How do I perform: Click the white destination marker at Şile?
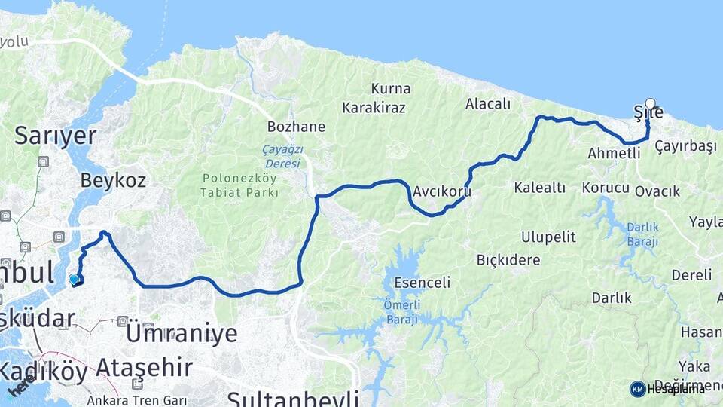click(x=650, y=104)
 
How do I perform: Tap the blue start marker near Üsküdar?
click(x=74, y=280)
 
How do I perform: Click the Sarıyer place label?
click(x=56, y=136)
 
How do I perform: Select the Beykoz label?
click(x=113, y=180)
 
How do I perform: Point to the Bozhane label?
click(x=296, y=127)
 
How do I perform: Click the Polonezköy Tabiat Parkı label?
click(x=240, y=185)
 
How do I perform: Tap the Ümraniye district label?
click(x=182, y=333)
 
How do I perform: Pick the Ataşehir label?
click(x=144, y=368)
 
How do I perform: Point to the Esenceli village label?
click(x=422, y=283)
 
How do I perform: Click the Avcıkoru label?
click(x=442, y=191)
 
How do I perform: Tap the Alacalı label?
click(x=488, y=104)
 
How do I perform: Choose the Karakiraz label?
click(x=374, y=108)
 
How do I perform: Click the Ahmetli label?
click(x=614, y=153)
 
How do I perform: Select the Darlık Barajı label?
click(x=642, y=234)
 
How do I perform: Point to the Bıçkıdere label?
click(x=508, y=260)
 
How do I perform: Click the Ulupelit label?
click(x=548, y=237)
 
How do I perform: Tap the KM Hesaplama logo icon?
click(x=638, y=388)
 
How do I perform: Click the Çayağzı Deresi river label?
click(x=281, y=157)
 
